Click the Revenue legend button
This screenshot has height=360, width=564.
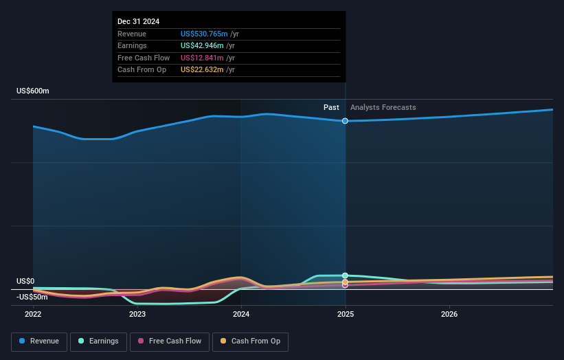point(40,341)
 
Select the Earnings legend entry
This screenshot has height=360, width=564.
point(99,341)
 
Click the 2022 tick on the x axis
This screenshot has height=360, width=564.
point(33,314)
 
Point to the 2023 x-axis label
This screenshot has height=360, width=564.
point(137,314)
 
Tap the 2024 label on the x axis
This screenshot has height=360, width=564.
point(241,314)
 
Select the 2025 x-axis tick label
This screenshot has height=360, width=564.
point(345,314)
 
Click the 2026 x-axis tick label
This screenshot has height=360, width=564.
point(449,314)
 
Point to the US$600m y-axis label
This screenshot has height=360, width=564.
point(33,91)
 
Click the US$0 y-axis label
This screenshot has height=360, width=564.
point(25,281)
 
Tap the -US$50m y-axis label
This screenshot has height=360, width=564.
point(32,297)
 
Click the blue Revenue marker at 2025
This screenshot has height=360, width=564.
point(345,121)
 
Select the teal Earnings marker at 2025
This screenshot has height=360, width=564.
point(345,275)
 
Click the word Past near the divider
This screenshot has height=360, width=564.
point(331,107)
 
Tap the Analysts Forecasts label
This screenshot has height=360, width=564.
point(383,107)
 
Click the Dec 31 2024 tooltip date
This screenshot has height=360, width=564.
point(138,21)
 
